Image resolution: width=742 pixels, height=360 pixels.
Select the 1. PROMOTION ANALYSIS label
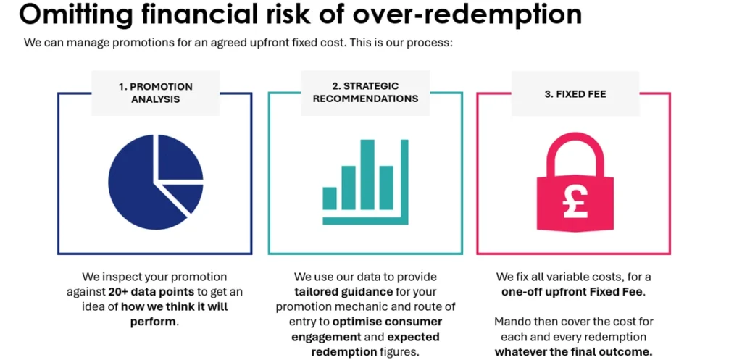coord(155,92)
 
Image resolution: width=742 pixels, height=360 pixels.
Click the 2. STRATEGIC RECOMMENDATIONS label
coord(365,92)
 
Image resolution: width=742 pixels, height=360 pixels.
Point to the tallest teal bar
coord(367,174)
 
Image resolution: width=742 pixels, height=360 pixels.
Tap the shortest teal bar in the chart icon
coord(330,197)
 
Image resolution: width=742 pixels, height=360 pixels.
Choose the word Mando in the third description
coord(510,320)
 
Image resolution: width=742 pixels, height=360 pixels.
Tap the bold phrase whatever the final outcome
coord(573,352)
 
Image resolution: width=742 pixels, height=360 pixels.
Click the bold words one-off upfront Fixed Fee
coord(572,291)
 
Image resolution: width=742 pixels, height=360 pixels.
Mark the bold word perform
coord(154,321)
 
